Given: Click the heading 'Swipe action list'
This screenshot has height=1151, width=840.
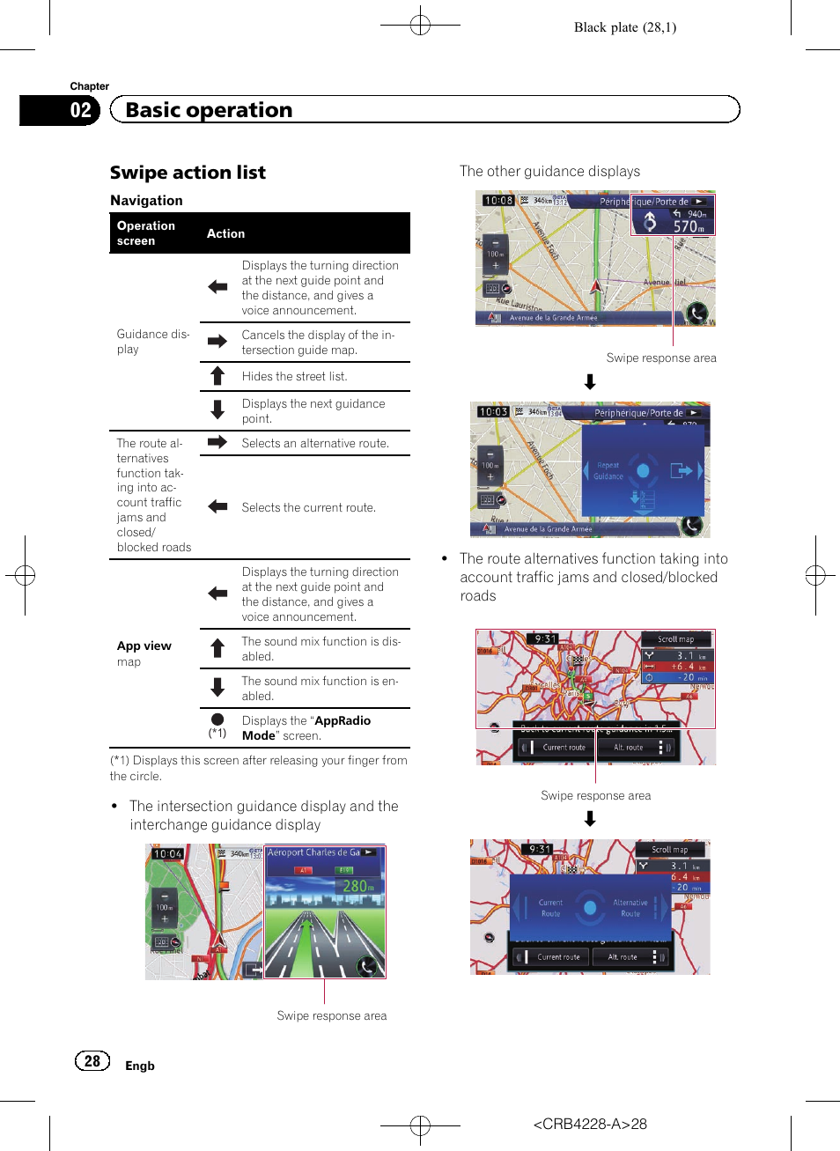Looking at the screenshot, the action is click(188, 173).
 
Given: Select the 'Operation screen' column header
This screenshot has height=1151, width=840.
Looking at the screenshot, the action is click(146, 233).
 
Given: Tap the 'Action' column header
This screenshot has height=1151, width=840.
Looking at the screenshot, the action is click(225, 233).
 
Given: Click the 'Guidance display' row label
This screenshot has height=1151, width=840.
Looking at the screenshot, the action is click(152, 342).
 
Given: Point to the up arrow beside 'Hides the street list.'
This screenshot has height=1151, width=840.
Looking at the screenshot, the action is click(217, 377).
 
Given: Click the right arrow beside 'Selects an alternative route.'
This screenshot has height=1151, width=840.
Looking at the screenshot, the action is click(217, 442).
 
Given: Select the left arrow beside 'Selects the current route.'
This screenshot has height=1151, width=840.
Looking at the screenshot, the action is click(217, 506).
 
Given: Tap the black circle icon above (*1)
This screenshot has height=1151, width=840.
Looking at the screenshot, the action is click(217, 719).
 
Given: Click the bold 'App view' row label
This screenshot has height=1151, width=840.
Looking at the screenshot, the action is click(144, 646).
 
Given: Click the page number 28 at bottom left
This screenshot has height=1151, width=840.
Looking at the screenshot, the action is click(92, 1061).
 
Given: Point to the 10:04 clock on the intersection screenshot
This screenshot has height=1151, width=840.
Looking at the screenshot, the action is click(167, 853).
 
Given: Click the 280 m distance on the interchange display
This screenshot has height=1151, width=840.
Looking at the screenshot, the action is click(357, 886).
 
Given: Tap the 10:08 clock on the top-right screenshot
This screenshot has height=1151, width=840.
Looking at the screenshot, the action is click(498, 200).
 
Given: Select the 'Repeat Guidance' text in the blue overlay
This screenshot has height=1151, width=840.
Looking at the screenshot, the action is click(608, 471).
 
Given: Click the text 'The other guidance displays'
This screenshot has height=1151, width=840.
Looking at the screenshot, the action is click(549, 172).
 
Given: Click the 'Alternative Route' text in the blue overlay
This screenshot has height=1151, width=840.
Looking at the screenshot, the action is click(630, 908).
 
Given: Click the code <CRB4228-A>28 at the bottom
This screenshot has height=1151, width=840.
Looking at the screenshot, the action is click(590, 1124).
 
